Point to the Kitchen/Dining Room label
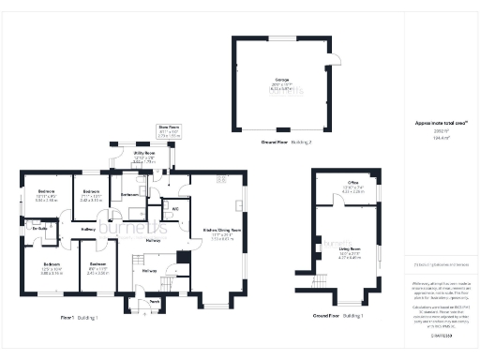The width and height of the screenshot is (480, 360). [x=221, y=230]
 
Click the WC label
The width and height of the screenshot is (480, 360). [x=175, y=208]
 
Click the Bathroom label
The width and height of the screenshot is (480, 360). [x=130, y=194]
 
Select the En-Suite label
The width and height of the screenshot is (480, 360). [x=40, y=228]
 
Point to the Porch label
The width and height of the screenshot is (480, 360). [x=154, y=301]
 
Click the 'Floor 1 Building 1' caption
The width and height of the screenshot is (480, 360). [x=80, y=319]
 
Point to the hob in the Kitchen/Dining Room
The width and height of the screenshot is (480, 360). [x=225, y=178]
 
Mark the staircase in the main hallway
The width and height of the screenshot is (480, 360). [x=170, y=280]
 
